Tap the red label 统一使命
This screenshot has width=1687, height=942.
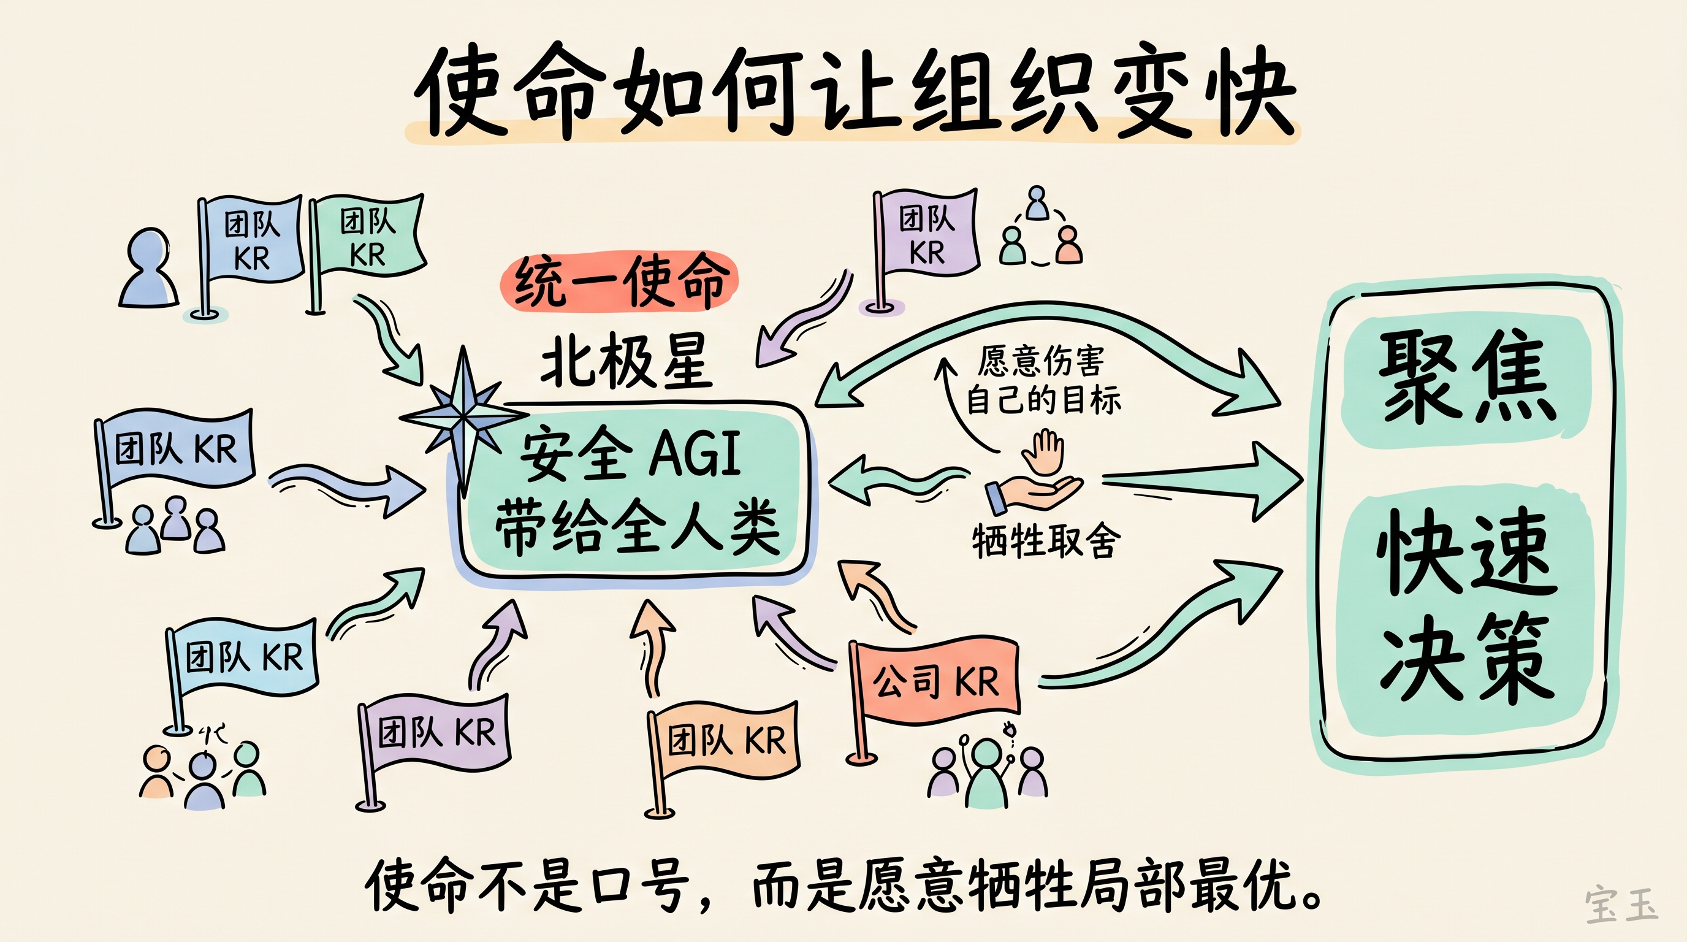pos(619,281)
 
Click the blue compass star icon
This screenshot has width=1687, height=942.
pos(463,415)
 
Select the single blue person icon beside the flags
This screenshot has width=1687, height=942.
pos(150,269)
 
